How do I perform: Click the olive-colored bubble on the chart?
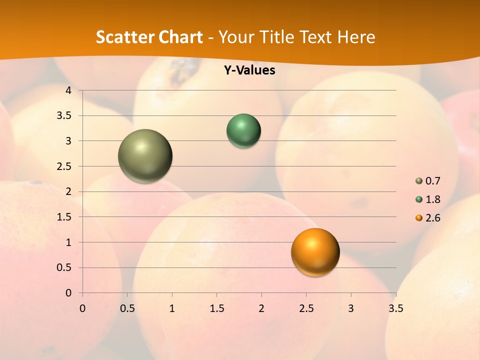coord(145,156)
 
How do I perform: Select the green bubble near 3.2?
coord(243,131)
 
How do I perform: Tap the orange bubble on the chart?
coord(315,252)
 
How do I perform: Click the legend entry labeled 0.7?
coord(428,181)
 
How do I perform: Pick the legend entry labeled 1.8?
coord(428,199)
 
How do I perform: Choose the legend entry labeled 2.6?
coord(428,218)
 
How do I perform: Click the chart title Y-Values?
coord(249,70)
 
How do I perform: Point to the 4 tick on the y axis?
coord(69,90)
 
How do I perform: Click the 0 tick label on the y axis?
coord(69,293)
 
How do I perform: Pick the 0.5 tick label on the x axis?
coord(127,308)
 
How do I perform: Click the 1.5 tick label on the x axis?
coord(217,308)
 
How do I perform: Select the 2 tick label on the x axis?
coord(261,308)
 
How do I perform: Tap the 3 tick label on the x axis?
coord(351,308)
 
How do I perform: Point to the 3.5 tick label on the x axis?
coord(395,308)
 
